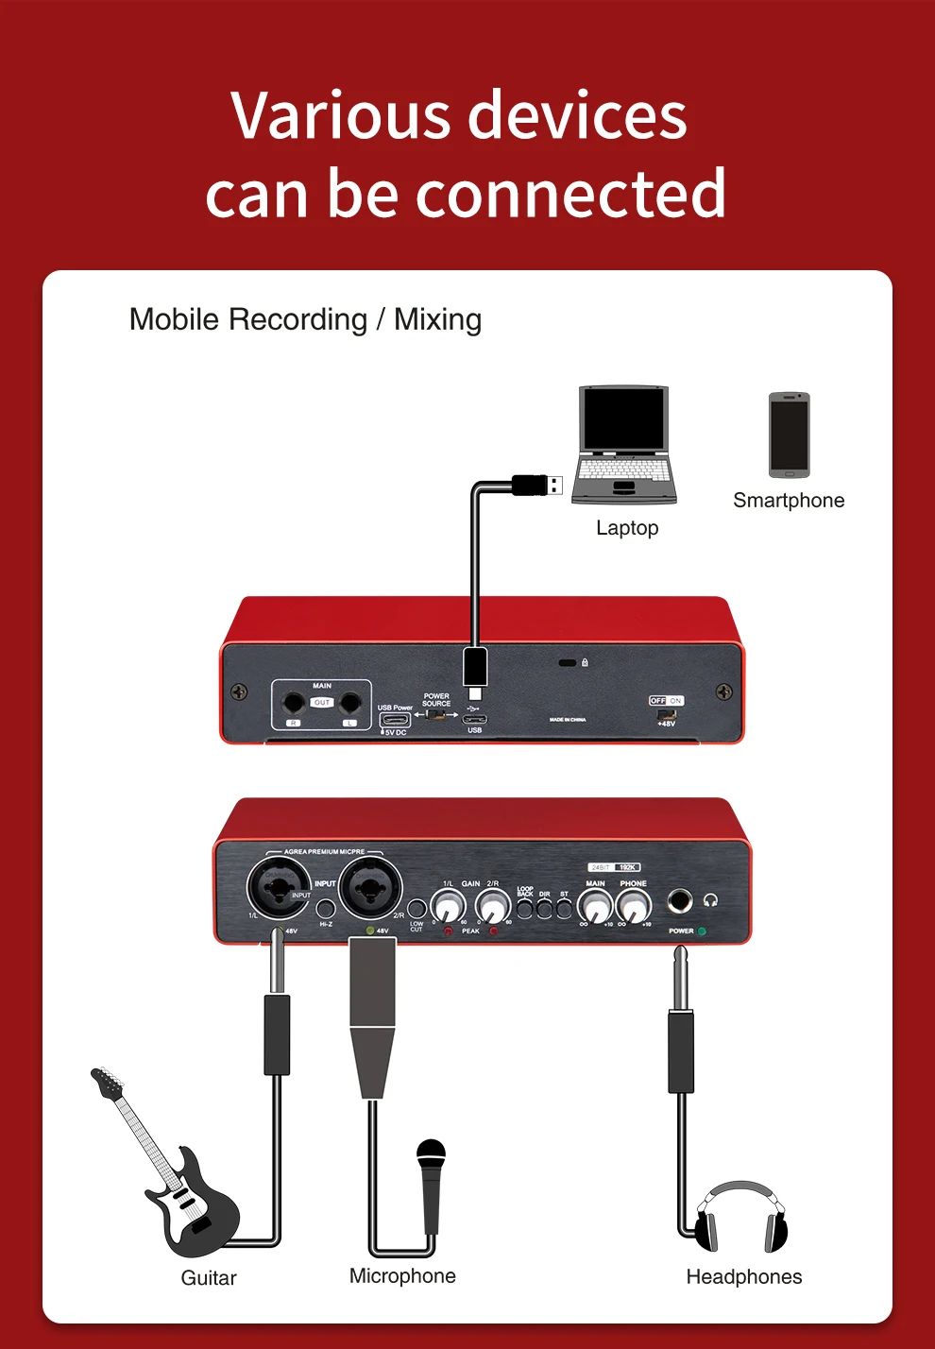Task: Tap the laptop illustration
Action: pyautogui.click(x=624, y=443)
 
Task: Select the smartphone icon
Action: pyautogui.click(x=789, y=435)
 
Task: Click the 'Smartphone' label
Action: pyautogui.click(x=789, y=501)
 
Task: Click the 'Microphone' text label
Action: pyautogui.click(x=402, y=1276)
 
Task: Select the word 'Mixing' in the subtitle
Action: pyautogui.click(x=437, y=320)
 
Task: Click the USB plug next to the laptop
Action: pyautogui.click(x=538, y=485)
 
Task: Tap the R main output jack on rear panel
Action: pyautogui.click(x=294, y=703)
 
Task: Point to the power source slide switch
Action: pyautogui.click(x=436, y=714)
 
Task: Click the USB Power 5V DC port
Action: pyautogui.click(x=394, y=721)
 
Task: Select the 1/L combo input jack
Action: pyautogui.click(x=279, y=889)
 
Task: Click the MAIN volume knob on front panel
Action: pyautogui.click(x=596, y=908)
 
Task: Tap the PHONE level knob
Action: pyautogui.click(x=634, y=908)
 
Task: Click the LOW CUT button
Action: pyautogui.click(x=416, y=910)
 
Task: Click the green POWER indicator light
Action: pyautogui.click(x=701, y=931)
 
